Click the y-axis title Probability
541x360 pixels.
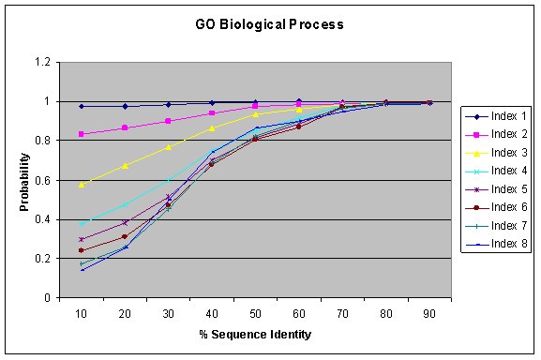[x=26, y=181]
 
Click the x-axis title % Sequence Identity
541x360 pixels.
[x=256, y=334]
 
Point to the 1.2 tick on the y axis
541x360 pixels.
[x=41, y=62]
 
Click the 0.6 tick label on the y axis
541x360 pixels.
[x=41, y=180]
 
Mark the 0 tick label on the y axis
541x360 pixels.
[x=47, y=298]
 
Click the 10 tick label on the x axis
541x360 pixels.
[x=82, y=312]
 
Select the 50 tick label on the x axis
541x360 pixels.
[x=256, y=312]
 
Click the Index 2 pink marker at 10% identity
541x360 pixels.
[x=82, y=134]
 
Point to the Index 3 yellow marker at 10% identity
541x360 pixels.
[x=82, y=185]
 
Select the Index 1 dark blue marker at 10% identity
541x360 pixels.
[x=82, y=106]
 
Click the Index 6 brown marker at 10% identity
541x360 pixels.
[x=82, y=250]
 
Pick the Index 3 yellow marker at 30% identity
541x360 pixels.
[x=169, y=147]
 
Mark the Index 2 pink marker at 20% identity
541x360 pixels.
[x=126, y=127]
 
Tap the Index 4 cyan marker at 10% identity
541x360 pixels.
[x=82, y=224]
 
